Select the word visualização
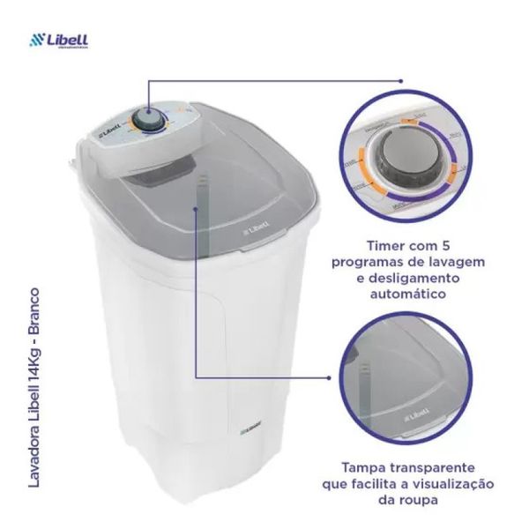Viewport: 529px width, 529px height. pos(448,485)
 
